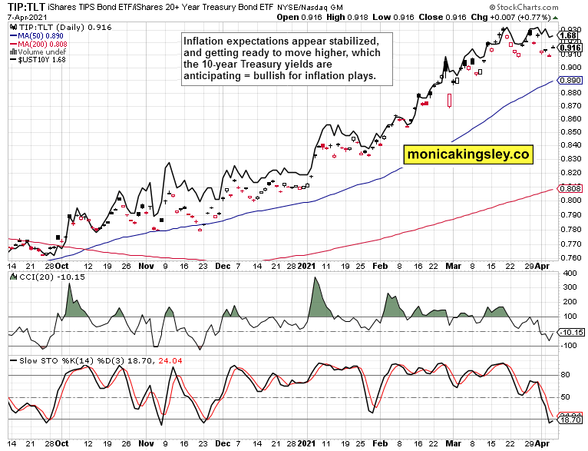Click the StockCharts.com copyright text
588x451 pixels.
pyautogui.click(x=543, y=6)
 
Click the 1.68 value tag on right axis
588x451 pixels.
pyautogui.click(x=568, y=36)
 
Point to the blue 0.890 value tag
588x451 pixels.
pyautogui.click(x=569, y=80)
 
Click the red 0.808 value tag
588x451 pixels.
pyautogui.click(x=569, y=188)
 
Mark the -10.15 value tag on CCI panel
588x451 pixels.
pyautogui.click(x=570, y=332)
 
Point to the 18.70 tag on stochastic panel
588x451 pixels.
pyautogui.click(x=570, y=421)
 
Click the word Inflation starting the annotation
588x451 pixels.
pyautogui.click(x=206, y=39)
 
